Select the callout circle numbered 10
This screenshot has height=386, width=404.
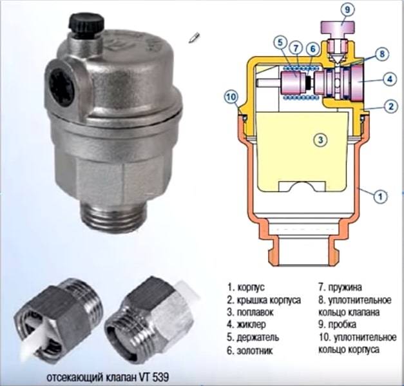(x=231, y=97)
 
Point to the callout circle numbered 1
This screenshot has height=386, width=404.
(x=380, y=197)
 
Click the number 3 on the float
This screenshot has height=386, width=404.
(x=320, y=140)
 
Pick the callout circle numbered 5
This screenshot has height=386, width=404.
(x=280, y=43)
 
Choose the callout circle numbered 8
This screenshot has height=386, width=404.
(x=382, y=54)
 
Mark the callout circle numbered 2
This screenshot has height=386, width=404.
(x=391, y=106)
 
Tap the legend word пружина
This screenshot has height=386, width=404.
(x=345, y=287)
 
